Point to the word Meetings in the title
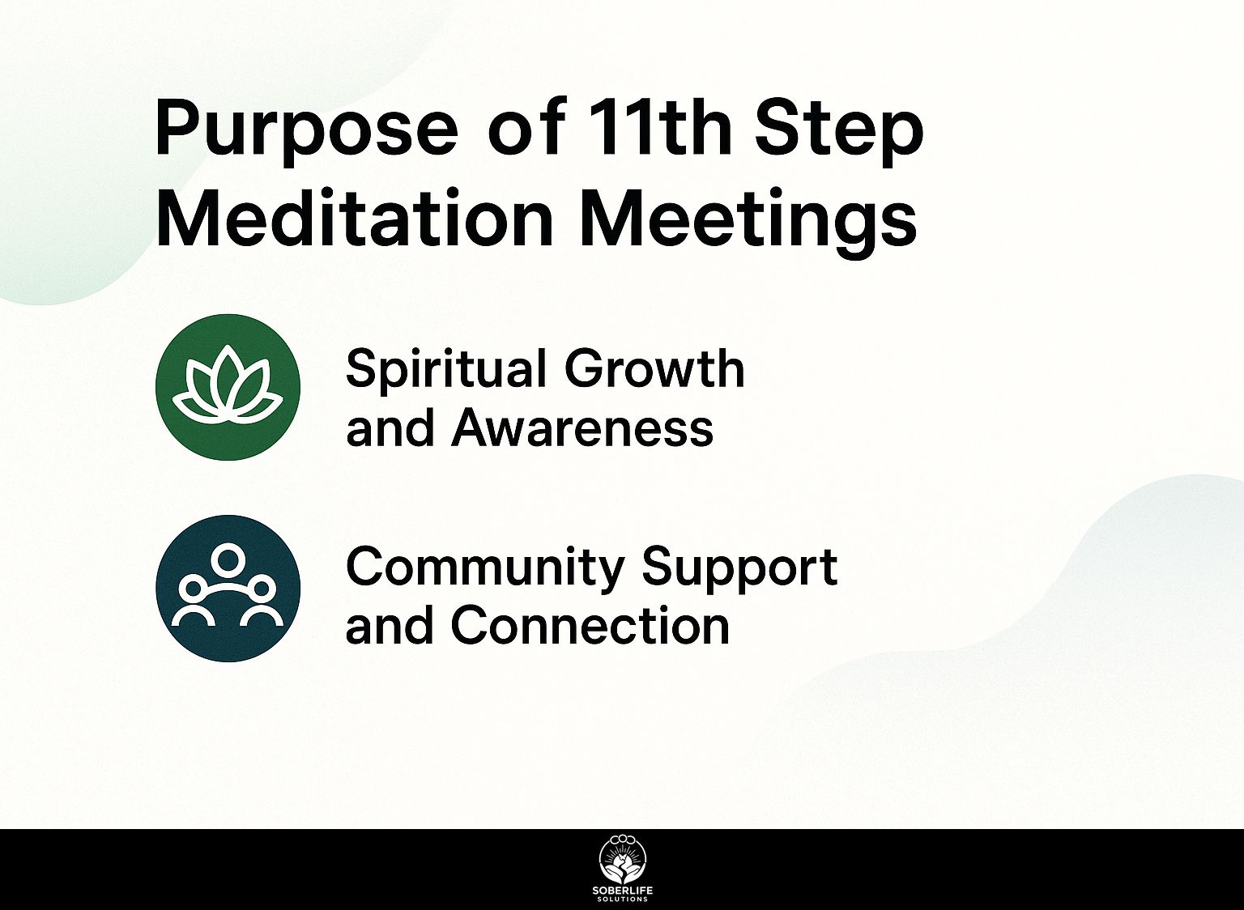click(x=749, y=222)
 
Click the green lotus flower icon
click(x=228, y=387)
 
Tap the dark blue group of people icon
click(x=228, y=589)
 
